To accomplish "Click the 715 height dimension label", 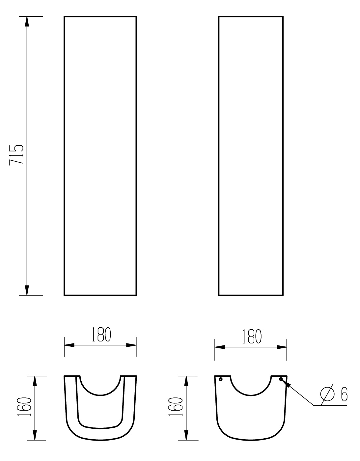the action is point(16,155).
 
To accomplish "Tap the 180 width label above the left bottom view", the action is point(101,335).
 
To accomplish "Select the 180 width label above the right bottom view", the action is point(252,336).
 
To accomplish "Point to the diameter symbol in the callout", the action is point(327,394).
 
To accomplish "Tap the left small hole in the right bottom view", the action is point(221,379).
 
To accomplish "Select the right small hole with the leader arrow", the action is point(281,379).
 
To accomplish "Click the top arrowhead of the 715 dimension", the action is point(27,21).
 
